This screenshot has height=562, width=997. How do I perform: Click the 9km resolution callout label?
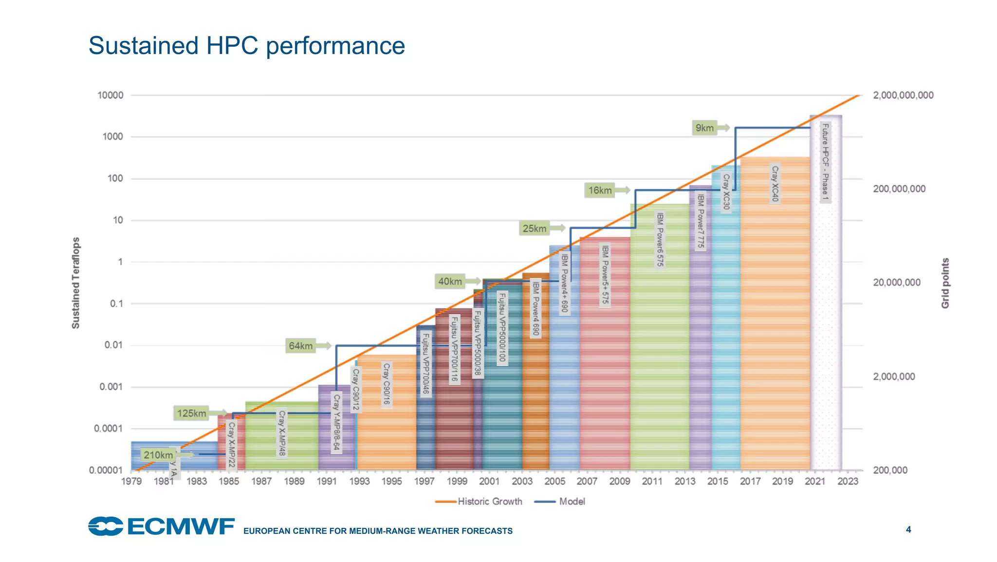[704, 128]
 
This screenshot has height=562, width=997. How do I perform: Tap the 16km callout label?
[600, 191]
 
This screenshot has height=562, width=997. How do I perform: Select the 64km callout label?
[300, 346]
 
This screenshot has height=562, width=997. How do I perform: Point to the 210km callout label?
[158, 455]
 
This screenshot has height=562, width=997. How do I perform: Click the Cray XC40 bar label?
[775, 184]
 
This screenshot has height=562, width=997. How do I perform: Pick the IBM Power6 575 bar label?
[660, 239]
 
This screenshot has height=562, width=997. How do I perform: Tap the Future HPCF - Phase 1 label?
[825, 162]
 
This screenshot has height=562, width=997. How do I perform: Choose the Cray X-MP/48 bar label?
[282, 434]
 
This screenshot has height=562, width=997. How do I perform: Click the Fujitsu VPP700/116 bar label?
[454, 349]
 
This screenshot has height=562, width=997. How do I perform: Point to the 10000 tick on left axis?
[111, 96]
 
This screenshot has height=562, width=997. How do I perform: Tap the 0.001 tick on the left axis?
[111, 387]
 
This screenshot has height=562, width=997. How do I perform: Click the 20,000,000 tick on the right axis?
[896, 283]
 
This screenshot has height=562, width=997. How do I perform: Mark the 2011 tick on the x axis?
[652, 482]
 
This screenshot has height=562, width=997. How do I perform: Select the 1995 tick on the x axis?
[391, 482]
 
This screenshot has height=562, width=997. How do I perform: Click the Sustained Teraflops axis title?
[75, 283]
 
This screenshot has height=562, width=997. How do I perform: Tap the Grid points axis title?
[945, 283]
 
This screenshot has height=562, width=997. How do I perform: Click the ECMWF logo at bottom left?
[161, 526]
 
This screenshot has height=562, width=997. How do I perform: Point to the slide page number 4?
[908, 529]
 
